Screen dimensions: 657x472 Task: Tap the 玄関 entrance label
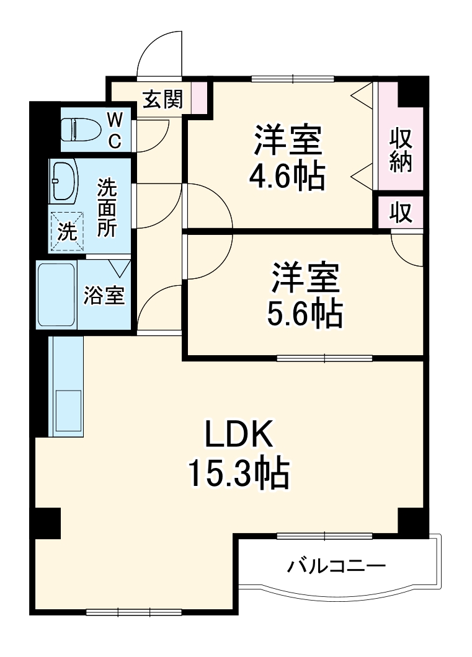click(163, 99)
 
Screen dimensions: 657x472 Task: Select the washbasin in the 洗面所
click(63, 179)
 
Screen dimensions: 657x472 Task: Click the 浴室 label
click(104, 296)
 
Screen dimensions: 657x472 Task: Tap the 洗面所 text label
click(107, 208)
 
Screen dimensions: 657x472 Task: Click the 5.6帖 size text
click(305, 314)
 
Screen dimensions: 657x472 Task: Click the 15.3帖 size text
click(239, 474)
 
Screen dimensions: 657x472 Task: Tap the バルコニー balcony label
click(336, 566)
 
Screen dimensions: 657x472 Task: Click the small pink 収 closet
click(401, 213)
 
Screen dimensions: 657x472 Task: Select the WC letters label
click(115, 130)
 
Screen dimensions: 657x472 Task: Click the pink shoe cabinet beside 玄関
click(198, 97)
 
